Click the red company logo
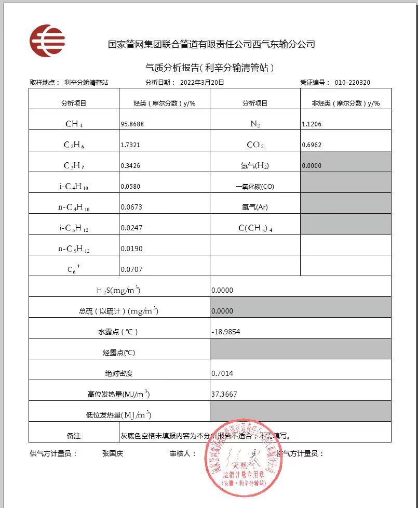(47, 41)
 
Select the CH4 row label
(74, 124)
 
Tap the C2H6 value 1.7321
(130, 145)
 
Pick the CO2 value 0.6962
(312, 145)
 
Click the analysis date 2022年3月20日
(202, 83)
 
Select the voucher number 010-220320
(353, 83)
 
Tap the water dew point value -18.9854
(226, 332)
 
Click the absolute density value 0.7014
(222, 373)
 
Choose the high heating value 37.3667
(224, 394)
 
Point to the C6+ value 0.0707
(131, 269)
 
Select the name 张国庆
(113, 453)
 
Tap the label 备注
(74, 436)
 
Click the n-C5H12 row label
(74, 249)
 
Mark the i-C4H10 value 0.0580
(130, 186)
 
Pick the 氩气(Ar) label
(255, 207)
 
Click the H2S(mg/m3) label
(119, 290)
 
